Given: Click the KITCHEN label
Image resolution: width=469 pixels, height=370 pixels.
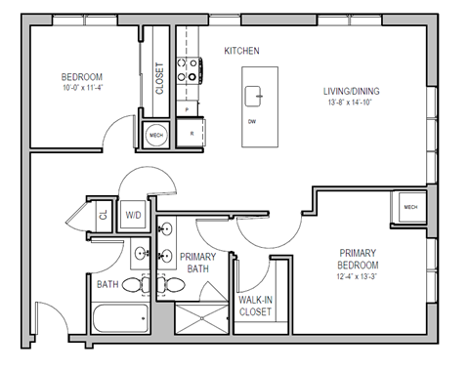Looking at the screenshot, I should coord(241,51).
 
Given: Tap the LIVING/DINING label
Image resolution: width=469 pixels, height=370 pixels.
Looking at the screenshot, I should coord(353,92).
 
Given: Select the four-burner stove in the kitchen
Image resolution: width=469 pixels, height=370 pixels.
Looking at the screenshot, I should coord(189,71).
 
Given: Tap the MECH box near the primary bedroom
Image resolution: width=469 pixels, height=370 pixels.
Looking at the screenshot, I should coord(409,207).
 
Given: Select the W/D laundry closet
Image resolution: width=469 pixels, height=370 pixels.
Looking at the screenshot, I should coord(134,215).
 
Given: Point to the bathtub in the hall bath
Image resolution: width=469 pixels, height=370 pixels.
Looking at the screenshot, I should coord(118,316).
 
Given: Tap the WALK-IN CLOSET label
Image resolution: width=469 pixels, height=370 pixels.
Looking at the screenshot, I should coord(256,307).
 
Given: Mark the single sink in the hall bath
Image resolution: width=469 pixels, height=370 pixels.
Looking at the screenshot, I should coord(141,253).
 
